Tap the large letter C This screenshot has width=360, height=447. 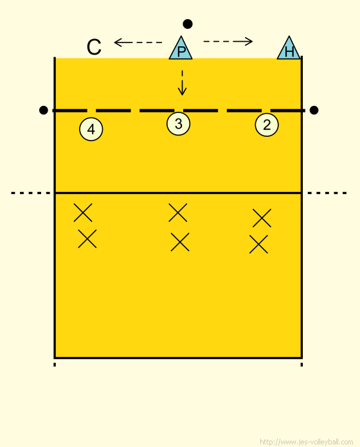coord(94,47)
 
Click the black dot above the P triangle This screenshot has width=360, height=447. coord(188,24)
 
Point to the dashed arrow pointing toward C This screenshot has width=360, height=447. coord(138,42)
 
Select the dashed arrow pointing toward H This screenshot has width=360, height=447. coord(228,42)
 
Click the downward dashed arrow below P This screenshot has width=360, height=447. coord(183,83)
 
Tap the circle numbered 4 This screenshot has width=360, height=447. coord(91,129)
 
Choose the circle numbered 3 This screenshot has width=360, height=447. coord(178,124)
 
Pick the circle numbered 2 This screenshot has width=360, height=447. coord(267,125)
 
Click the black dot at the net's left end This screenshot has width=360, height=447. coord(43,110)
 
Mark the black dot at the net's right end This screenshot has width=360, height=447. coord(314,110)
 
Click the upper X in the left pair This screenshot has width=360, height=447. coord(83,213)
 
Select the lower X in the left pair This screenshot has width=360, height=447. coord(87,239)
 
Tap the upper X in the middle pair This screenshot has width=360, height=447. coord(177,213)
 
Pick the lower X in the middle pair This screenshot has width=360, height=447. coord(180,242)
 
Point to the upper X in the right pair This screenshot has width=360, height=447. coord(262,218)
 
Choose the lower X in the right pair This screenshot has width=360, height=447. coord(258,244)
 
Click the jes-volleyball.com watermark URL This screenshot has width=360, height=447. coord(307,442)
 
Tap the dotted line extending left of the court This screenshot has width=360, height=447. coord(30,193)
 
